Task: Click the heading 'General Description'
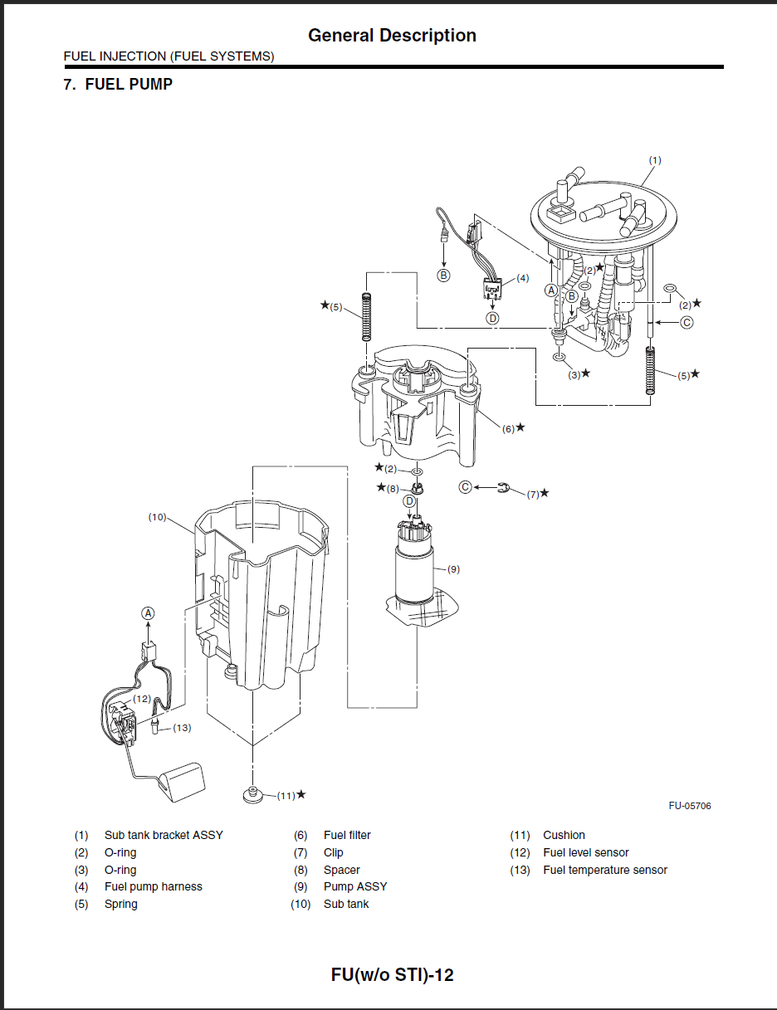392,36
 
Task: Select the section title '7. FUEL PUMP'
118,84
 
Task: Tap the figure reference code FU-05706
690,806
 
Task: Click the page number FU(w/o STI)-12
392,974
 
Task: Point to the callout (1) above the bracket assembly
655,160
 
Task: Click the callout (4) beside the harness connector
523,278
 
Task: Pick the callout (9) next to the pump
453,569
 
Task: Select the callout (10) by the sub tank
157,517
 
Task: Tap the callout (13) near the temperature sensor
182,727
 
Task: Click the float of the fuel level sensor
182,782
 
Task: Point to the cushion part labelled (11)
253,794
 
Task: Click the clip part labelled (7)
503,487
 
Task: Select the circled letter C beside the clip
465,487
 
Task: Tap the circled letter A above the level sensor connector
148,613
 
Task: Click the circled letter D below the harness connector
492,319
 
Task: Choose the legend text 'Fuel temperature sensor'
605,870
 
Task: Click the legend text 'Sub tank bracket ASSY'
164,835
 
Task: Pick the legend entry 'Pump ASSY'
355,887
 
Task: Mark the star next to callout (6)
520,427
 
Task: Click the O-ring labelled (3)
560,357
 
